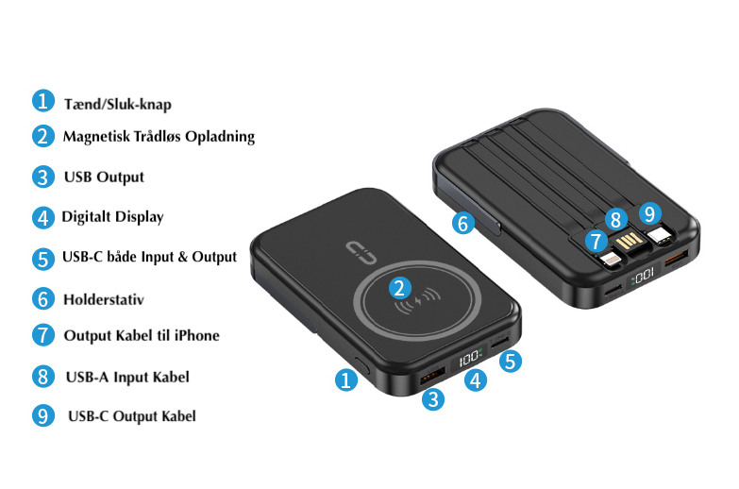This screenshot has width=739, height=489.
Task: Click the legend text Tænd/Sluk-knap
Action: tap(117, 104)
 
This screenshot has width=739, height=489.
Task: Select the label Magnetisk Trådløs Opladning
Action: tap(159, 136)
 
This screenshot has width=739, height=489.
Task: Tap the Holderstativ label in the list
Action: tap(103, 299)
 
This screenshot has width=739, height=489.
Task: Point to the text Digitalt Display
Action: tap(112, 217)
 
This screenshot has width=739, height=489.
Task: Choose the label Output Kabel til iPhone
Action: tap(142, 335)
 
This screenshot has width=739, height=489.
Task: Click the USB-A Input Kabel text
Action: tap(127, 377)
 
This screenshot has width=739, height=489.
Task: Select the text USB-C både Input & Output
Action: tap(149, 257)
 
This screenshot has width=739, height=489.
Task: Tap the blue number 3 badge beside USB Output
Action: tap(43, 177)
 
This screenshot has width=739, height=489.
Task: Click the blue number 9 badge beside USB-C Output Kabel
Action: tap(43, 415)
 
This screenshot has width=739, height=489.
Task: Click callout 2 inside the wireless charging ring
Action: tap(401, 289)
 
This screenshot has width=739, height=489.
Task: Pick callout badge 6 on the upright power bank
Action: tap(462, 224)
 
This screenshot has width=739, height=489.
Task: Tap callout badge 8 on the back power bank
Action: tap(616, 220)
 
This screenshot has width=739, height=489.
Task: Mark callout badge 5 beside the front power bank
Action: tap(510, 361)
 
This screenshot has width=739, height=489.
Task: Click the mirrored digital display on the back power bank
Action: tap(642, 278)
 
